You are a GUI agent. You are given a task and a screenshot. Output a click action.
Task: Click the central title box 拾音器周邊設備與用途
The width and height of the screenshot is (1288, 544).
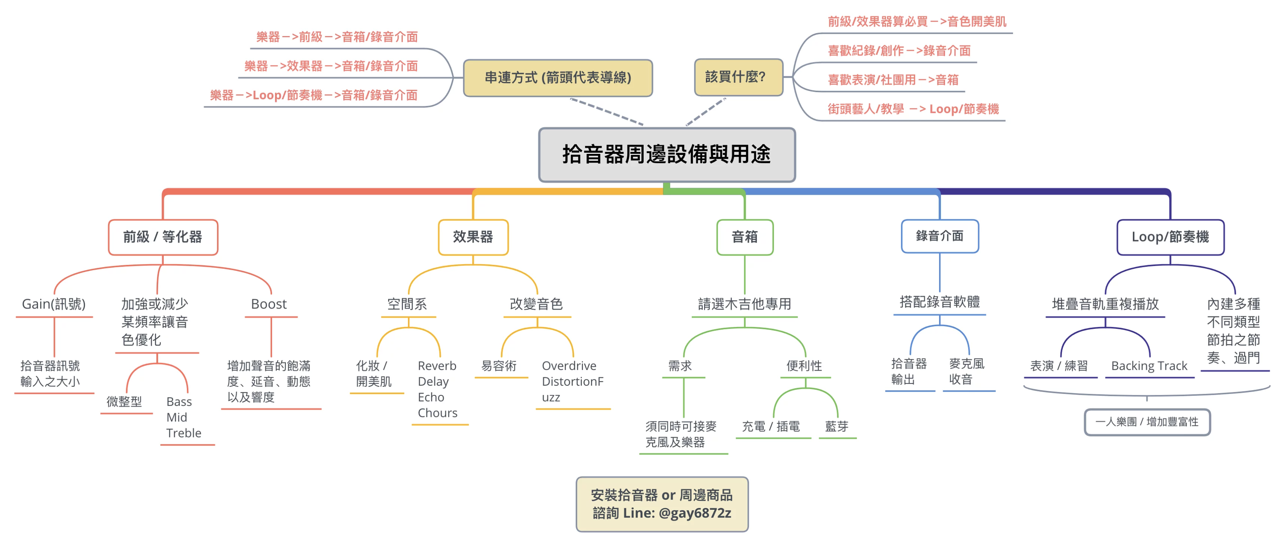point(667,155)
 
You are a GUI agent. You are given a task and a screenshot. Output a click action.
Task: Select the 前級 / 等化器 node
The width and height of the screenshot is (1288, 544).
point(163,237)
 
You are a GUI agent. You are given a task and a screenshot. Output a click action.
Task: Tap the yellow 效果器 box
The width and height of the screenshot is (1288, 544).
point(473,237)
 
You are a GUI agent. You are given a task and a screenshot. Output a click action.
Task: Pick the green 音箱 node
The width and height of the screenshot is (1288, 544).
point(745,237)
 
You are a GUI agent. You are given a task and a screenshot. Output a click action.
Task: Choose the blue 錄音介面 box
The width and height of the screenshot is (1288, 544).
point(939,236)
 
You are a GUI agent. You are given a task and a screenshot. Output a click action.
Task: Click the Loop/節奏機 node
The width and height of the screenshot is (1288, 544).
point(1170,237)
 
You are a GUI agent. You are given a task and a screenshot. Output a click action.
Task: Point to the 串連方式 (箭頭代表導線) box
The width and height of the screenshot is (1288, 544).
point(558,78)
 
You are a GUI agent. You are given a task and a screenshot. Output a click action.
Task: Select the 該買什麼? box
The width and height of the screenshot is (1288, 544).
point(738,77)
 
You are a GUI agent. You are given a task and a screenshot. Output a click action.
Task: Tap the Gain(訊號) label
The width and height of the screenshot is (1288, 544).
point(54,304)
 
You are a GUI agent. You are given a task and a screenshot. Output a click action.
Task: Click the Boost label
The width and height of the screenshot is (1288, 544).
point(269,304)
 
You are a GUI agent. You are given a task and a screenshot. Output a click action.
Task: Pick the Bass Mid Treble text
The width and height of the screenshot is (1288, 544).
point(183,417)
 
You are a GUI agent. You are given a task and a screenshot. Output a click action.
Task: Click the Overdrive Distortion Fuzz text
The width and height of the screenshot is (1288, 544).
point(572,381)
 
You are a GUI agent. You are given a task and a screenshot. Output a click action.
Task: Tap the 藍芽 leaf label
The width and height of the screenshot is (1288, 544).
point(837,426)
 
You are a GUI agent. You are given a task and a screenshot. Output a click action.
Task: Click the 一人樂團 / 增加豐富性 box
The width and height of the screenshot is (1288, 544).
point(1147,422)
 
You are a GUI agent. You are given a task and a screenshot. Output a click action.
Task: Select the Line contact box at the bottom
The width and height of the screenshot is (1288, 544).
point(661,503)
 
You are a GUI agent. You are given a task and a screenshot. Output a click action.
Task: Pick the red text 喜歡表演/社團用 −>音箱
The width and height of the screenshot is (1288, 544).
point(893,80)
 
